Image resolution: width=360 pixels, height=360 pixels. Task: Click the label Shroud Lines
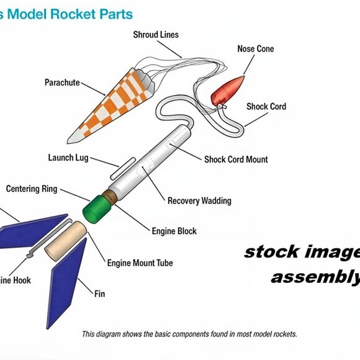click(156, 35)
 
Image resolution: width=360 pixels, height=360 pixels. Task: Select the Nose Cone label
click(255, 49)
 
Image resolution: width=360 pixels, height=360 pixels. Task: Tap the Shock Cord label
click(266, 107)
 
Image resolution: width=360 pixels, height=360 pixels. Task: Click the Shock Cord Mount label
click(236, 160)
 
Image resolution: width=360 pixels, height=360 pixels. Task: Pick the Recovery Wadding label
click(199, 200)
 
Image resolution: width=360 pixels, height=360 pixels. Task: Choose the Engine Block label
click(174, 231)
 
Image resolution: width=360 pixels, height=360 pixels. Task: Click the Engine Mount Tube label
click(140, 263)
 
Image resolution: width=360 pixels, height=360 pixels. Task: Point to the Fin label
click(100, 292)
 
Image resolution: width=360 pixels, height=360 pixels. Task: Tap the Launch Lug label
click(70, 158)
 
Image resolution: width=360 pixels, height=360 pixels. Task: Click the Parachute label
click(62, 82)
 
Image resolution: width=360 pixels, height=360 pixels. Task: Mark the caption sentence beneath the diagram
click(189, 334)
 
